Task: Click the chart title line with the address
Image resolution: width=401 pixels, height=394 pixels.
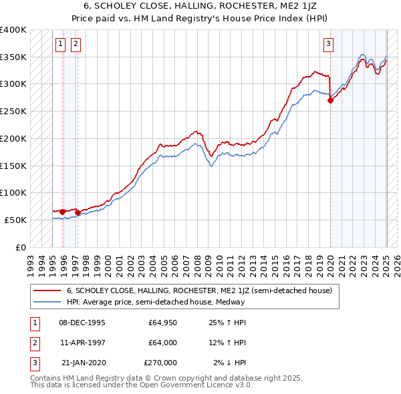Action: pos(200,6)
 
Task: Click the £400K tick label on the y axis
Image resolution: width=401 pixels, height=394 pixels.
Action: pos(13,30)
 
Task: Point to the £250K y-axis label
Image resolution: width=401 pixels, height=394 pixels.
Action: pos(13,112)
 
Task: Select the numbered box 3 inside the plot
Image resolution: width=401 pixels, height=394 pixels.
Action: pos(329,45)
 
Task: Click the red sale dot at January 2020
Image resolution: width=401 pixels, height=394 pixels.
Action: pos(330,101)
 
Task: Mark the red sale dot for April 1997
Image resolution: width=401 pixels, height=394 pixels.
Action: pos(78,212)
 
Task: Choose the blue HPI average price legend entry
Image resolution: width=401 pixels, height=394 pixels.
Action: pos(156,302)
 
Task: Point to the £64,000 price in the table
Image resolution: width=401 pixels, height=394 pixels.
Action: pos(162,343)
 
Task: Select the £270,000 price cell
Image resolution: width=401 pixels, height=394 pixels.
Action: pos(160,363)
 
